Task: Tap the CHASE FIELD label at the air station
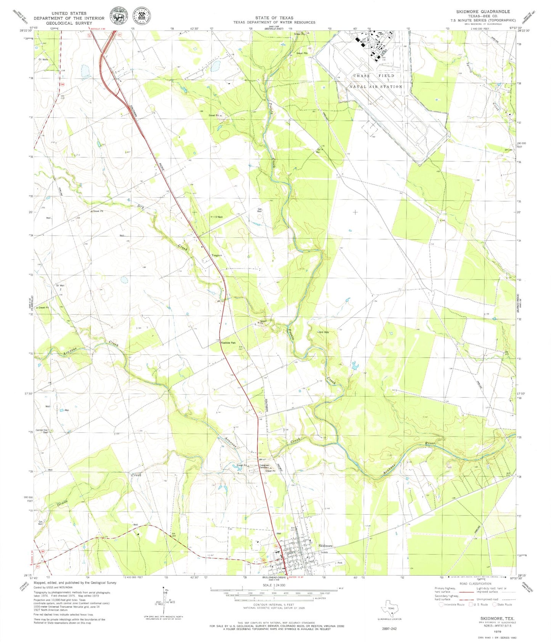[374, 76]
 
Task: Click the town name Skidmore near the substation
[325, 546]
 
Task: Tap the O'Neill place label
[219, 217]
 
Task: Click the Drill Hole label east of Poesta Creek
[324, 332]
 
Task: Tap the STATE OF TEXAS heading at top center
[274, 18]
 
